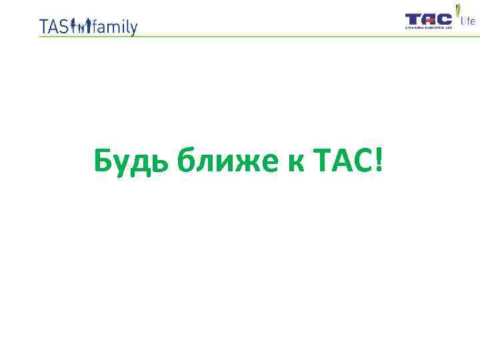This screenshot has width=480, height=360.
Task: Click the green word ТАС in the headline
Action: pyautogui.click(x=340, y=161)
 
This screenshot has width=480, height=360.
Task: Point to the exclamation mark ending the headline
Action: pyautogui.click(x=379, y=161)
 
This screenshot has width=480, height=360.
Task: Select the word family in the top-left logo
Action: pyautogui.click(x=115, y=27)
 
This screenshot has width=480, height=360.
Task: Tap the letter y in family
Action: pyautogui.click(x=133, y=29)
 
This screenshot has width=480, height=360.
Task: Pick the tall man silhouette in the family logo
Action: pyautogui.click(x=88, y=25)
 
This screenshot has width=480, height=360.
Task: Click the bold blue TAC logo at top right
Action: pyautogui.click(x=429, y=19)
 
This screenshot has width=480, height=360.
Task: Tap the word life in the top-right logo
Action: pyautogui.click(x=468, y=22)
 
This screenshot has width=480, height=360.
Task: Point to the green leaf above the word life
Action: pyautogui.click(x=458, y=11)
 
